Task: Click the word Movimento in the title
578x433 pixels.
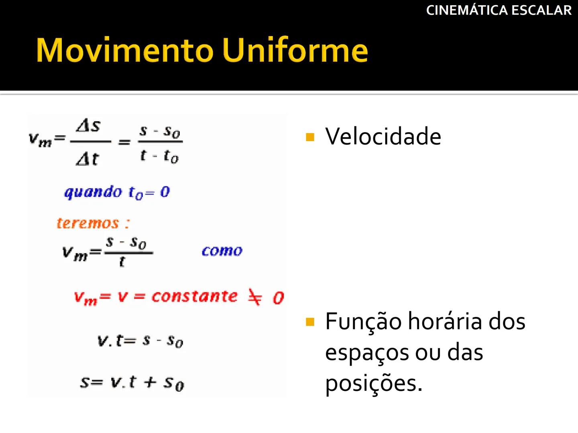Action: (x=124, y=50)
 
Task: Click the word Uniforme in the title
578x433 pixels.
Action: (x=295, y=50)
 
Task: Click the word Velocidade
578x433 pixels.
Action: (x=383, y=136)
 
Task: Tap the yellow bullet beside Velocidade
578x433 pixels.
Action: (x=310, y=138)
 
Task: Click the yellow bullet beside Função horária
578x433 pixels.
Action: (x=310, y=322)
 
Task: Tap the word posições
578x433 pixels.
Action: (x=373, y=383)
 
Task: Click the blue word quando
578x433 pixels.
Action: (x=93, y=192)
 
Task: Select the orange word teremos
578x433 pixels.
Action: (x=88, y=223)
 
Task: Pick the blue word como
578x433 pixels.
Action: (x=222, y=251)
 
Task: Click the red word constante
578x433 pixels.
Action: (x=195, y=296)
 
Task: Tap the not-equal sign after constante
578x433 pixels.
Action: (x=255, y=297)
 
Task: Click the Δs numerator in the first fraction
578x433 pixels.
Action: (x=88, y=126)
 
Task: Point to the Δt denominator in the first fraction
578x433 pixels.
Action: (x=87, y=159)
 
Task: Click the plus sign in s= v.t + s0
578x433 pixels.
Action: (x=150, y=382)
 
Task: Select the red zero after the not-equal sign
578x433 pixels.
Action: (x=278, y=298)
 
